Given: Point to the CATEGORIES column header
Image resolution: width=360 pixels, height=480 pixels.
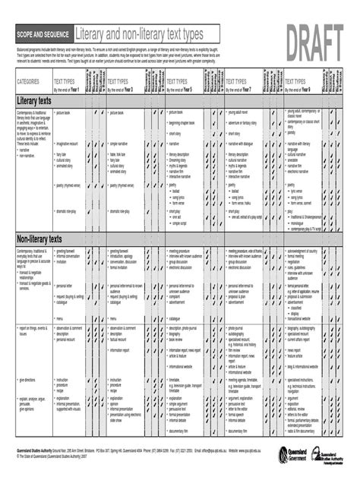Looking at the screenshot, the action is (28, 81).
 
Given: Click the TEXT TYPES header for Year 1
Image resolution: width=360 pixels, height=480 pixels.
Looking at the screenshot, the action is (65, 82).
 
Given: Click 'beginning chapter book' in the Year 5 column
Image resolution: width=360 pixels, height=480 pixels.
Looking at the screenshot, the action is (186, 123).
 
